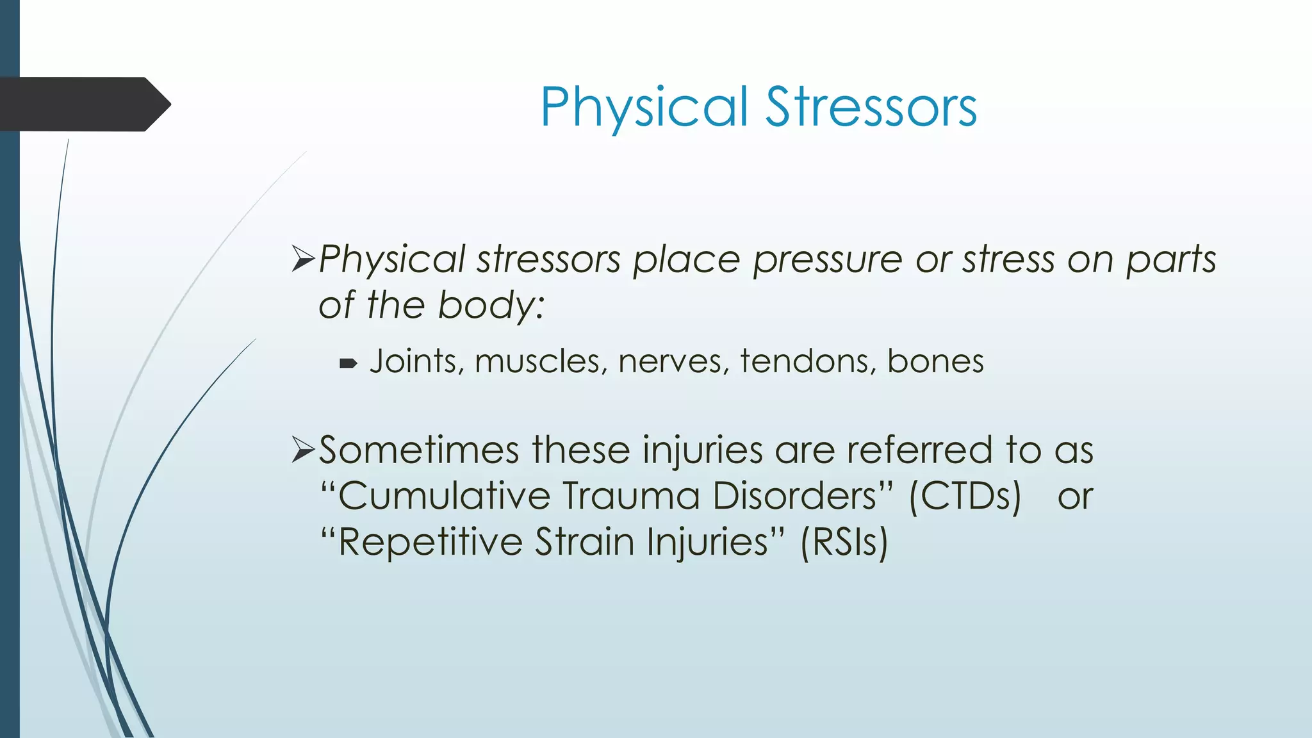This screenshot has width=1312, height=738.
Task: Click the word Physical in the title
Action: pos(644,107)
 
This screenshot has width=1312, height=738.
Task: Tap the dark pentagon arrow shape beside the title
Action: pos(83,104)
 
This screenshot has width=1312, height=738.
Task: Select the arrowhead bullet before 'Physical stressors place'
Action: pos(303,259)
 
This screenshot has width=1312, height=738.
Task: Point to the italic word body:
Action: pos(491,305)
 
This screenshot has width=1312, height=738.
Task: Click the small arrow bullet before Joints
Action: pos(348,364)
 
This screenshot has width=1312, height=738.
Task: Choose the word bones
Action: pos(935,361)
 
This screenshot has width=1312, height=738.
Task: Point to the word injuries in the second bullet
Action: pos(703,450)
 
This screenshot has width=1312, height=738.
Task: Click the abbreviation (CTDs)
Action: pos(965,496)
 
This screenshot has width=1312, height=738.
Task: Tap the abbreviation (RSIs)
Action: pos(844,543)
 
